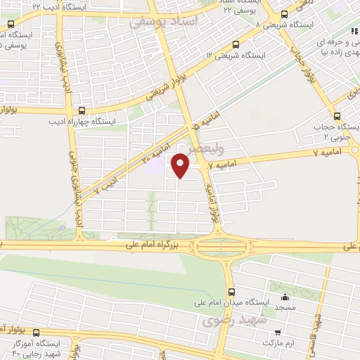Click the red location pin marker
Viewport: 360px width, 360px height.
click(x=181, y=167)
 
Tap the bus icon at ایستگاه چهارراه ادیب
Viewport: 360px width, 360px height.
click(x=82, y=110)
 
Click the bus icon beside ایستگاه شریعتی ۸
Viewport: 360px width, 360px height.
click(x=284, y=14)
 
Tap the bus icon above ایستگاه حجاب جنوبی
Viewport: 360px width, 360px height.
click(x=336, y=116)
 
